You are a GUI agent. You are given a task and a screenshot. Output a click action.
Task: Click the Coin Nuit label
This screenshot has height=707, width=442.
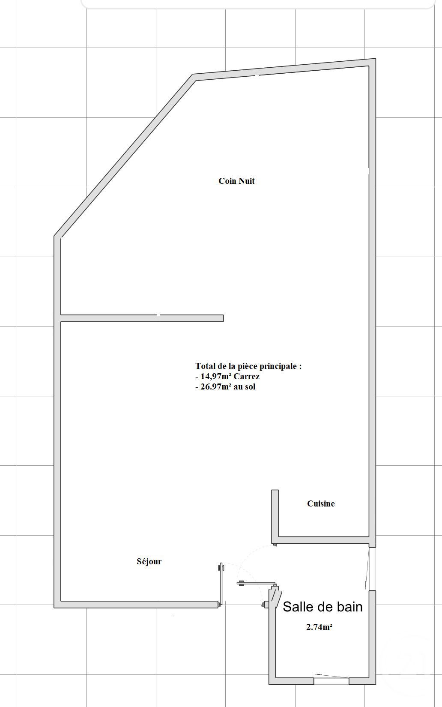[236, 181]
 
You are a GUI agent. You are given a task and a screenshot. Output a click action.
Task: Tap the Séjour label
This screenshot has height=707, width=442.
[149, 561]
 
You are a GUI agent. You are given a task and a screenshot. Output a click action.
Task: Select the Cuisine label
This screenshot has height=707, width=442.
[321, 503]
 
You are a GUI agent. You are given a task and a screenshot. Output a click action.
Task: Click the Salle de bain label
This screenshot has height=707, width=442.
[323, 607]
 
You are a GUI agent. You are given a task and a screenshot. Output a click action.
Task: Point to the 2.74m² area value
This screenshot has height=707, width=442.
[320, 627]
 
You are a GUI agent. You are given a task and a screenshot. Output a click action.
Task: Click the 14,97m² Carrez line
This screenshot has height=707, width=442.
[227, 377]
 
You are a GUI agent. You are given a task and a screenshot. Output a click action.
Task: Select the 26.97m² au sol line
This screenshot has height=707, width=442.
[225, 386]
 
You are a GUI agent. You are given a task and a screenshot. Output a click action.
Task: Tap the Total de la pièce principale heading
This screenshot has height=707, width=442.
[248, 366]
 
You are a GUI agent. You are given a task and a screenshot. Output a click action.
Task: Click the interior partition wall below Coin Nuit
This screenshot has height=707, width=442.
[141, 318]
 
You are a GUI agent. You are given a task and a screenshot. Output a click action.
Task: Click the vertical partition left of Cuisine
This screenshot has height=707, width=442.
[275, 514]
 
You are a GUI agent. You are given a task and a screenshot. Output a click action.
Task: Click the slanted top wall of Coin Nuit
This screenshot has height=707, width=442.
[283, 70]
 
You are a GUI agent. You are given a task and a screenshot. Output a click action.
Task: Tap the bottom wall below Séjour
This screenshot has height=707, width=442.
[137, 604]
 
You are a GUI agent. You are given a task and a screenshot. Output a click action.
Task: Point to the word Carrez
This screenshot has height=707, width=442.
[246, 377]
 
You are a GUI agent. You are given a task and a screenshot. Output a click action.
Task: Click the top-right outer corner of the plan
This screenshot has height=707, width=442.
[375, 60]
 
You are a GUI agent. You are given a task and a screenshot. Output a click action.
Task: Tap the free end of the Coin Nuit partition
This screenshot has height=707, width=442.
[222, 318]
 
